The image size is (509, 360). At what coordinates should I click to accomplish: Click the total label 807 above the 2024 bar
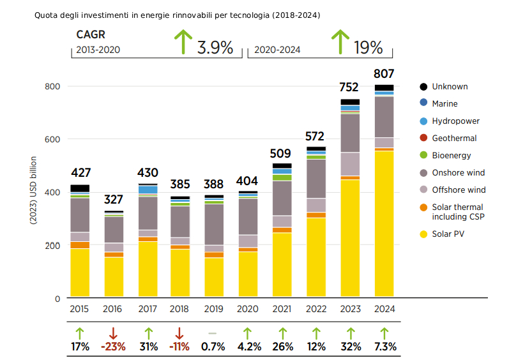coord(384,73)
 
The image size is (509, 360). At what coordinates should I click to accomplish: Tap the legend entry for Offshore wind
coord(459,190)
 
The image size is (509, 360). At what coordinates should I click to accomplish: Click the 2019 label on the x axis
coord(214,309)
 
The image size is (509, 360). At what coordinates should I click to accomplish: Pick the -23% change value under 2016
coord(113,347)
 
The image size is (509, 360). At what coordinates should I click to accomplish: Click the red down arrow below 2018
coord(179,333)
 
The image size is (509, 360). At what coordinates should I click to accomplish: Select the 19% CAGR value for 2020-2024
coord(368,48)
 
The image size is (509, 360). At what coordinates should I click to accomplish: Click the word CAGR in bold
coord(90,34)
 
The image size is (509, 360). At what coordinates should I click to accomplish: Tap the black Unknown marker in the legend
coord(423,87)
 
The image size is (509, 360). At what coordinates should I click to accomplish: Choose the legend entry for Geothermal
coord(454,138)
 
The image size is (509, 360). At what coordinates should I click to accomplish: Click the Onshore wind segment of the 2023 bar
coord(350,133)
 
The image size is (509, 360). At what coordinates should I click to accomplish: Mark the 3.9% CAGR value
coord(215,48)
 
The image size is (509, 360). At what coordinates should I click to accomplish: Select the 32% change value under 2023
coord(350,347)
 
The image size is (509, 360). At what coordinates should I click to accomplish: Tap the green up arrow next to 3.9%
coord(183,42)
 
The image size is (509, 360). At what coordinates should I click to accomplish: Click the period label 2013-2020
coord(98,49)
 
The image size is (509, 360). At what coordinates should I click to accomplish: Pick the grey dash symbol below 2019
coord(213,333)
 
